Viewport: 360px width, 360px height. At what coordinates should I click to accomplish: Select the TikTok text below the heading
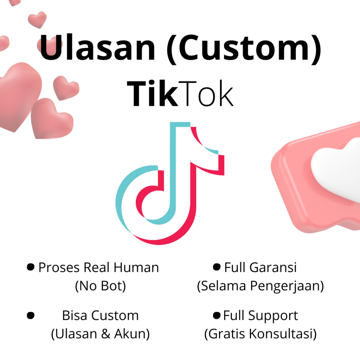(x=180, y=94)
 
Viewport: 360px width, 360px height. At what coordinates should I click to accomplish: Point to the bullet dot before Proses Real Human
(x=31, y=268)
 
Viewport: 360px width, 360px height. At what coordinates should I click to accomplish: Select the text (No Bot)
(x=100, y=286)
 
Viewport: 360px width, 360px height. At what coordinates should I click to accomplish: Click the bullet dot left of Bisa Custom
(x=31, y=315)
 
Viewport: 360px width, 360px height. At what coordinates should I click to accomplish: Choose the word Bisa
(x=74, y=315)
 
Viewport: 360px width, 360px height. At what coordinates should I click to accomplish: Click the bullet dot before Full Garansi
(x=217, y=268)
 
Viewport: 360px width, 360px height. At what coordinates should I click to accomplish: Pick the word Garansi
(x=273, y=268)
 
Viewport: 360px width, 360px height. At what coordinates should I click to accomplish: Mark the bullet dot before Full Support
(x=217, y=315)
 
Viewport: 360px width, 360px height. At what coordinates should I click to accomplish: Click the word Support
(x=273, y=315)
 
